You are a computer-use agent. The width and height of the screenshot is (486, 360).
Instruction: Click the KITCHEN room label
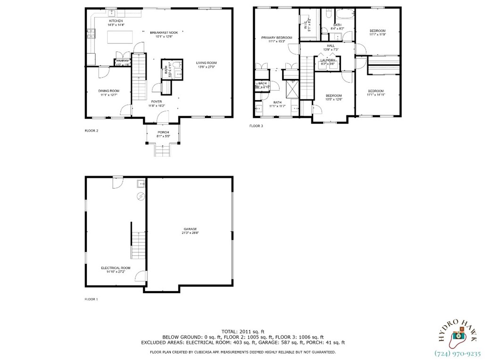coord(116,21)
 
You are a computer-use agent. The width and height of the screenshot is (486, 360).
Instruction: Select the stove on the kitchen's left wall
coord(90,33)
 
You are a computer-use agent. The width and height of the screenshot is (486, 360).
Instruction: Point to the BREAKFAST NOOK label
coord(160,33)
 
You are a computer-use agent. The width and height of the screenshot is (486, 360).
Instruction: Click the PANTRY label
coord(123,61)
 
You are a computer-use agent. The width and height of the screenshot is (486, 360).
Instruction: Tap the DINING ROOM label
coord(109,91)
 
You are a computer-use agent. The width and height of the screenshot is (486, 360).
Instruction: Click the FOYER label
coord(156,101)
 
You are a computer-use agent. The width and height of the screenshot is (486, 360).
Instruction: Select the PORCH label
coord(163,132)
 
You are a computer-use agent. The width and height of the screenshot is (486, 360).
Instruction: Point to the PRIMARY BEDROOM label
coord(277,38)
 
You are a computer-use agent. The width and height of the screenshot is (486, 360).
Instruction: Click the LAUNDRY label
coord(327,60)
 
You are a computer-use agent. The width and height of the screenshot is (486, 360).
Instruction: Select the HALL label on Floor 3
coord(331,45)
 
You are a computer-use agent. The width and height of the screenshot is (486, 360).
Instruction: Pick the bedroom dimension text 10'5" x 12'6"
coord(334,100)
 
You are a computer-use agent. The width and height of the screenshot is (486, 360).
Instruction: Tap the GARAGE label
coord(190,229)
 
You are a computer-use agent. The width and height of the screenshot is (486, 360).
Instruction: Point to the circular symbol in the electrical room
coord(140,196)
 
